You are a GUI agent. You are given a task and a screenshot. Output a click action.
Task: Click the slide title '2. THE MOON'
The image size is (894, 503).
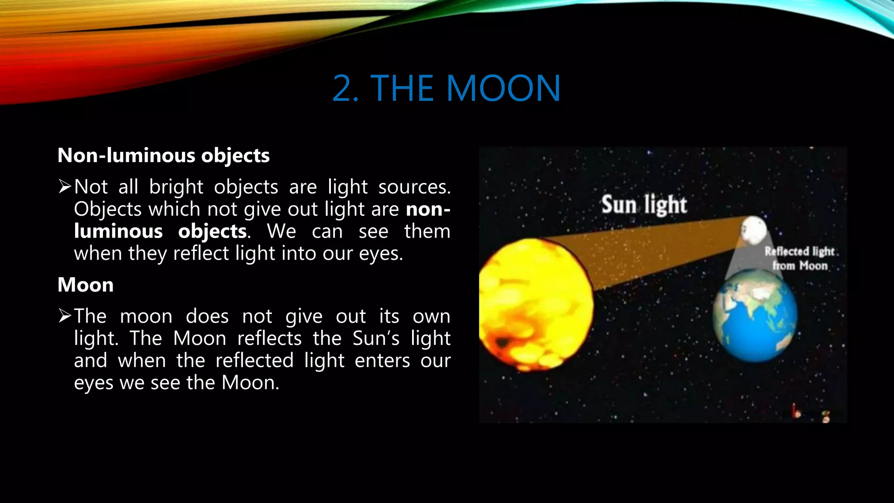point(446,89)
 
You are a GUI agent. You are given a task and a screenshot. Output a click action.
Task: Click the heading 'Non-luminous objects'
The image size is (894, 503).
point(164,155)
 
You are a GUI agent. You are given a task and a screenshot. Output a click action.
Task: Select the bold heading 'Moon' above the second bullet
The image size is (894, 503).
point(86,285)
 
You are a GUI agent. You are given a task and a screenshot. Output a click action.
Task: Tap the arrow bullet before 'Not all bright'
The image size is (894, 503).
point(65,187)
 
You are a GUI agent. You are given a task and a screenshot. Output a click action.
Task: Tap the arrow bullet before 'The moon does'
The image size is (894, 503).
point(65,316)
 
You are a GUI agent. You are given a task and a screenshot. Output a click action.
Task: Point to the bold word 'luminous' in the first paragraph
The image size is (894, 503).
point(118,231)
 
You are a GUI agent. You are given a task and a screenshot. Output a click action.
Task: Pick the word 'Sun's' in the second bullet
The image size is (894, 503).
point(376,338)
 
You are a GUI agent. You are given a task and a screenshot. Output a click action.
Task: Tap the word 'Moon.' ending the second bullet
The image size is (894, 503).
point(250,383)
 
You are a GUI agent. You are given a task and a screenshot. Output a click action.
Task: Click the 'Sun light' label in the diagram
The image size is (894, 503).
point(644,205)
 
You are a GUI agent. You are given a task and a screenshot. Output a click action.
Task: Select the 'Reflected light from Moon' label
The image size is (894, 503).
point(800,258)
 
